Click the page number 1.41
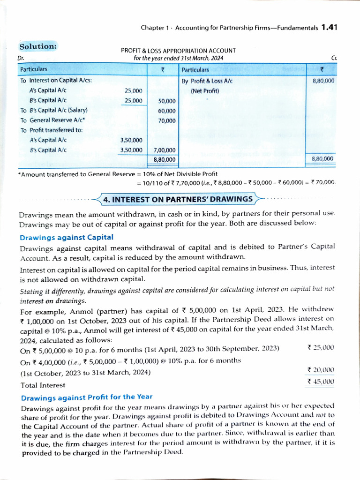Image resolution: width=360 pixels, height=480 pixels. tap(329, 27)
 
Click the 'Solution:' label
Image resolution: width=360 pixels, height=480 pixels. tap(38, 46)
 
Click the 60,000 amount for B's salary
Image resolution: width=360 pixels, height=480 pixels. tap(166, 111)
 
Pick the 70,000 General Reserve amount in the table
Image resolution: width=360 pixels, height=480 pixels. tap(166, 120)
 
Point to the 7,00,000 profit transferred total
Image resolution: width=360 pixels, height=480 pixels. tap(165, 150)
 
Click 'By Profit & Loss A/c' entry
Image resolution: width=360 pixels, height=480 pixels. tap(207, 81)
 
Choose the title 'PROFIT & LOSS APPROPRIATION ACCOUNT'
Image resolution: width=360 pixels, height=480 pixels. tap(178, 51)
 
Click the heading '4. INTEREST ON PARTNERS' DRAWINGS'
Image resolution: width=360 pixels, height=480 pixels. tap(178, 199)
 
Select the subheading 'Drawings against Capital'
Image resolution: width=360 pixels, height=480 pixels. tap(66, 237)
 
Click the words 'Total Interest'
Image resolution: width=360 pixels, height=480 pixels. tap(43, 385)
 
